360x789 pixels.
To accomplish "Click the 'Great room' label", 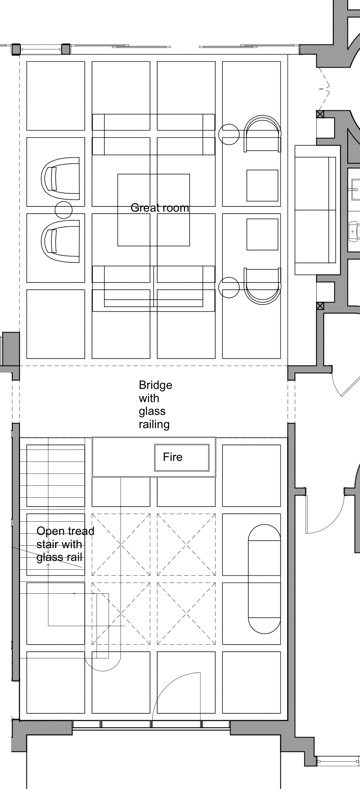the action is click(160, 208).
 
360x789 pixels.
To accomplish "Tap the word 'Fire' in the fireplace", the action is click(172, 457).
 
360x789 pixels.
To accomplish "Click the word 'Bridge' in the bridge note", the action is click(156, 385).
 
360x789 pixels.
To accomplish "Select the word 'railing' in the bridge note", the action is click(154, 425).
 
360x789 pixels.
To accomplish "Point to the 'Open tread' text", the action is click(65, 531).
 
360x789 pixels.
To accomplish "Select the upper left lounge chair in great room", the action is click(61, 178).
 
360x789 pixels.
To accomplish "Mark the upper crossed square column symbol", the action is click(320, 114).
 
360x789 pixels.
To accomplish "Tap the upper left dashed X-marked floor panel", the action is click(121, 545).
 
